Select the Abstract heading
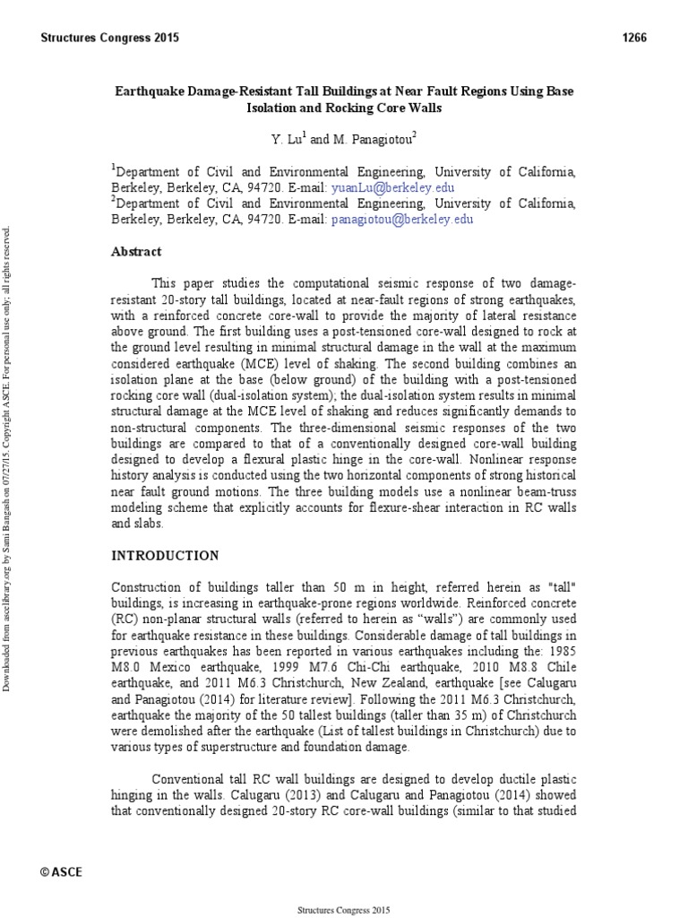(x=136, y=252)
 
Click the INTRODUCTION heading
(x=164, y=556)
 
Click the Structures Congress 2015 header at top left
(x=110, y=38)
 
